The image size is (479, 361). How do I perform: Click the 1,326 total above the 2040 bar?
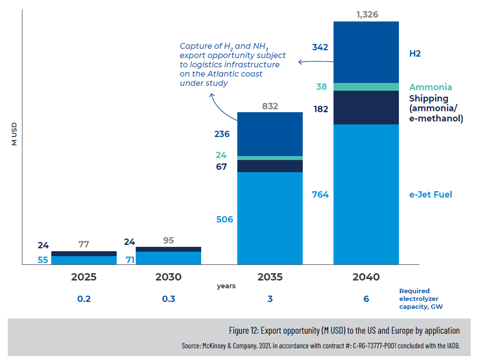pos(367,15)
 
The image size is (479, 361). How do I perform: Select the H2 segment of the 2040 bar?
pos(366,52)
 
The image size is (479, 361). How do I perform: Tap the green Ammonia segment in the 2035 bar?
pos(270,158)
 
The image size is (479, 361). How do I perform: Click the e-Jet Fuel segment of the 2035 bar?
pos(270,218)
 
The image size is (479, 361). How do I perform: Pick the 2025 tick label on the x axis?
pos(84,277)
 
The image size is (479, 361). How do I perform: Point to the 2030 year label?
pos(168,277)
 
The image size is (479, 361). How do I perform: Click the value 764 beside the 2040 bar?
pos(320,195)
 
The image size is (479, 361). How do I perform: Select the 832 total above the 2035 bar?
pos(270,106)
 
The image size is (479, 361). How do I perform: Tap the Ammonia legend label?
pos(430,87)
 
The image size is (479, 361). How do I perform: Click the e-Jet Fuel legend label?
pos(430,195)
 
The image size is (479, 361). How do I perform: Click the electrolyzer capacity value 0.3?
pos(168,299)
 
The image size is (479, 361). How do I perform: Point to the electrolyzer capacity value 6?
pos(366,299)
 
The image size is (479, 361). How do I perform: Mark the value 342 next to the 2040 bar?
pos(320,47)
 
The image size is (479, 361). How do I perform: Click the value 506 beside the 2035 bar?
pos(225,220)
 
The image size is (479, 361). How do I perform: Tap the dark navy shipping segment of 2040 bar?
pos(366,108)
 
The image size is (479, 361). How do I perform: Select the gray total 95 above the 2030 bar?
pos(168,241)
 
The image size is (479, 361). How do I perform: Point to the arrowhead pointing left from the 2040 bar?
pos(301,62)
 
